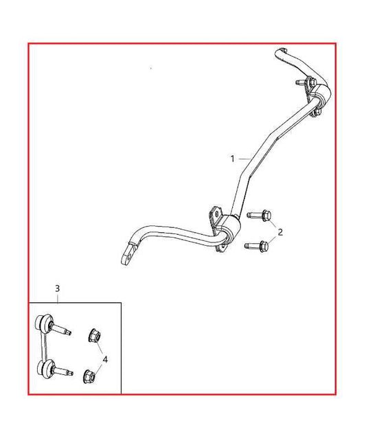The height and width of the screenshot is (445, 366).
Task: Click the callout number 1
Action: pos(232,158)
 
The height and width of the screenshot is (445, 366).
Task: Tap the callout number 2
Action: pos(280,231)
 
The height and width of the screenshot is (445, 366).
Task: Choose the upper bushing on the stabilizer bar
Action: pos(321,95)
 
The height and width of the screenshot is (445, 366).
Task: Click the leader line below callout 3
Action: pos(58,297)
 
